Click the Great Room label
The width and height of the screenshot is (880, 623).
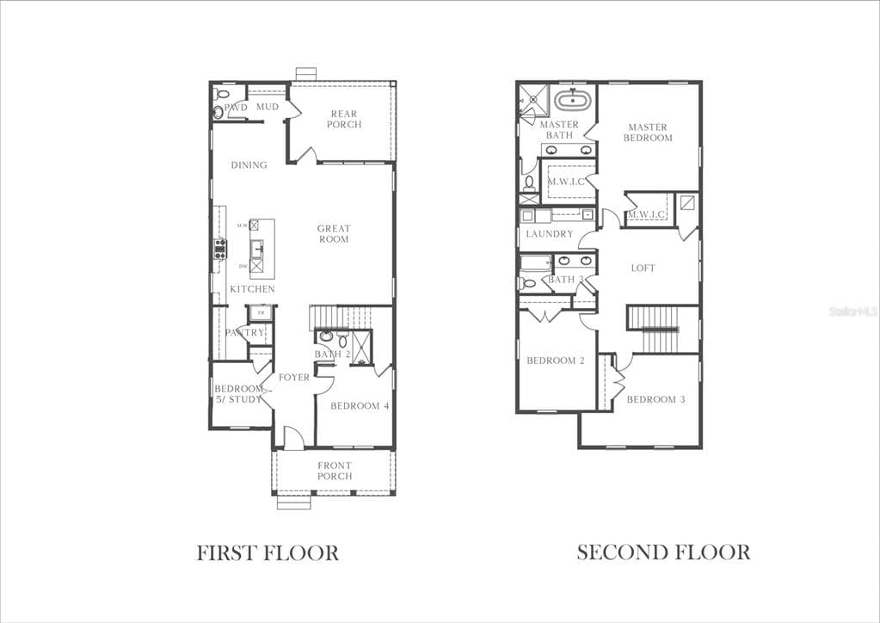[334, 234]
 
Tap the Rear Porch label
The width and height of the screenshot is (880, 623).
[343, 120]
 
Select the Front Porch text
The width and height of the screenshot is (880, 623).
[335, 471]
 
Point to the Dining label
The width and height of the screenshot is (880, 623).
[249, 165]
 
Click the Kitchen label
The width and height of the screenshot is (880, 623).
[252, 289]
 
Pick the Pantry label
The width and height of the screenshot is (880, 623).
[244, 333]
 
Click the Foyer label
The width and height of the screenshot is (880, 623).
[294, 378]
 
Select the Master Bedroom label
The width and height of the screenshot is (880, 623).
[648, 133]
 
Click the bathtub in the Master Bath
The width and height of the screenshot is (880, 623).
[569, 101]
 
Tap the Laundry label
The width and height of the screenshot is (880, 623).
[549, 234]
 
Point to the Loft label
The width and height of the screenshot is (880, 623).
[643, 268]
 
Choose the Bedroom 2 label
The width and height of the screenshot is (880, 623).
[556, 361]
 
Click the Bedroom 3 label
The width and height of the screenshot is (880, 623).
[655, 400]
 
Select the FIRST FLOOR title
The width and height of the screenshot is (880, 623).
[268, 552]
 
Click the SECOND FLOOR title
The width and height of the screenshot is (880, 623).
[663, 552]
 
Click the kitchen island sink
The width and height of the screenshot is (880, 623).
[256, 249]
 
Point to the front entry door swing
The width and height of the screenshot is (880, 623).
[292, 438]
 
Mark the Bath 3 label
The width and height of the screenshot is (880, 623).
[565, 280]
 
